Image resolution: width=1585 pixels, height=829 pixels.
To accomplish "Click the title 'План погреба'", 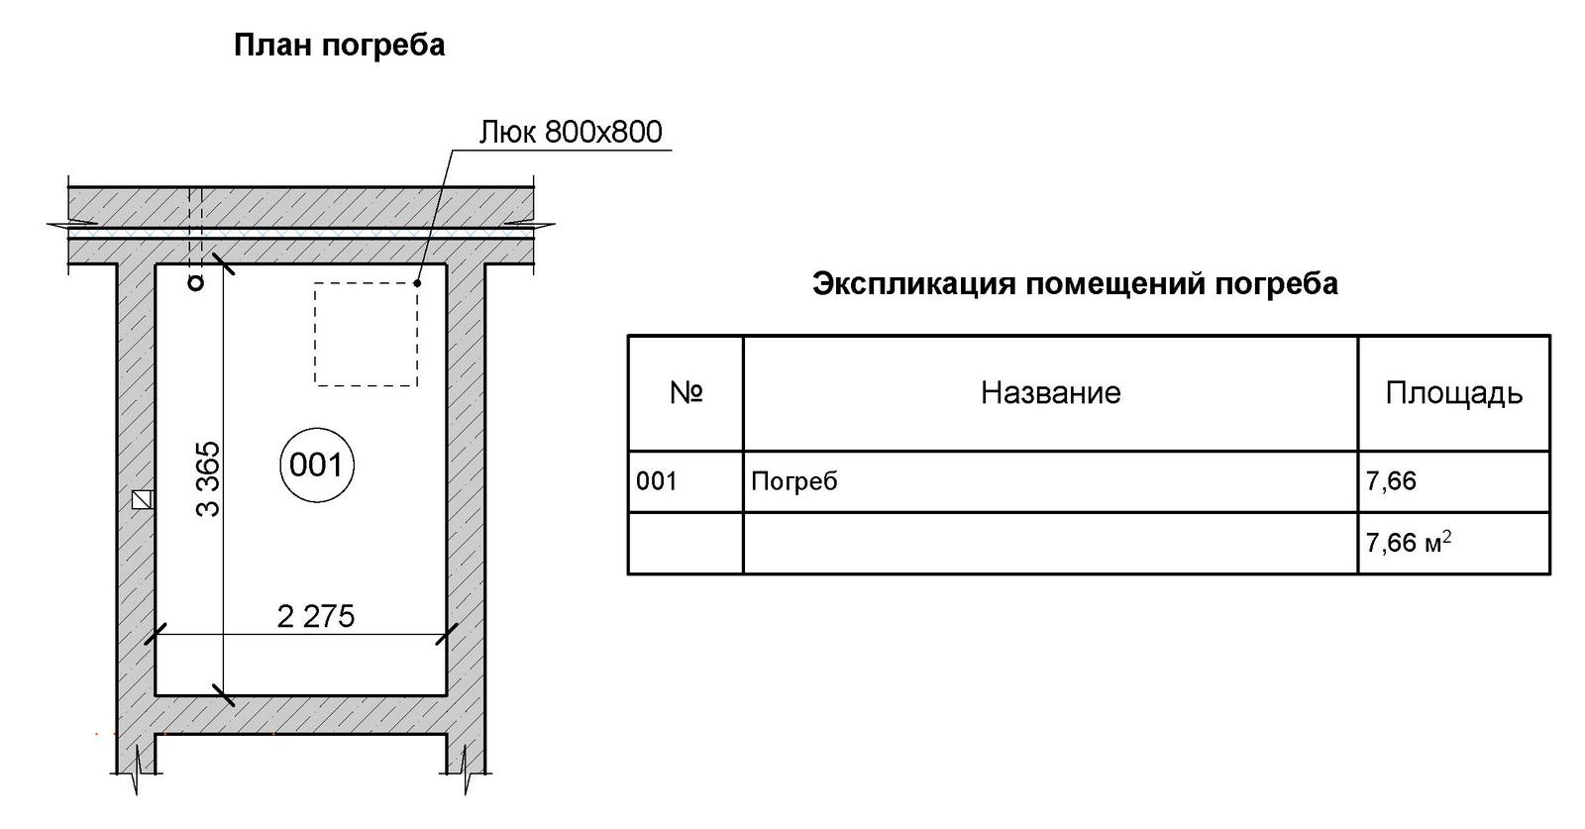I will [x=339, y=46].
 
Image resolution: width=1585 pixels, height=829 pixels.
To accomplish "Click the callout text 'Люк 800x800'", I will [x=571, y=132].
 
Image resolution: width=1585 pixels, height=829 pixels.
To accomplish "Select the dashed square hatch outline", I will [x=366, y=334].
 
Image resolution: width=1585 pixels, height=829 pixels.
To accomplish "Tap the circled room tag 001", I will [x=317, y=465].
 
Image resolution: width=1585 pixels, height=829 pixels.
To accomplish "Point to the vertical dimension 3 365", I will [x=208, y=479].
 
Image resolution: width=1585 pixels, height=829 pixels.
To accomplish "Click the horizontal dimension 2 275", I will [x=315, y=616].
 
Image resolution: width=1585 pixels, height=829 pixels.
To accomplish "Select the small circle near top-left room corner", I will [x=196, y=284].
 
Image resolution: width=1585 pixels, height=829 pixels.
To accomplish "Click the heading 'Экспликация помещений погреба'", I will [x=1075, y=284].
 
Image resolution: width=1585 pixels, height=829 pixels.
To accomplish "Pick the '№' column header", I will [x=686, y=393].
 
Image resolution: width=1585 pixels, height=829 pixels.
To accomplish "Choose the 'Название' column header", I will [x=1050, y=393].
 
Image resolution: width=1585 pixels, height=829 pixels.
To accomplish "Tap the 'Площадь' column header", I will [x=1453, y=393].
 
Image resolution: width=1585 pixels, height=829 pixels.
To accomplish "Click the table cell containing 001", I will [x=657, y=481].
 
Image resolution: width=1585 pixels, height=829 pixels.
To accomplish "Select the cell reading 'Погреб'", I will [x=794, y=481].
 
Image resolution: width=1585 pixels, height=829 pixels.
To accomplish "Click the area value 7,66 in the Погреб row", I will [x=1391, y=481].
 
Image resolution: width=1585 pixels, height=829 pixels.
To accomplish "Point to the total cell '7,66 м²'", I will [x=1408, y=543].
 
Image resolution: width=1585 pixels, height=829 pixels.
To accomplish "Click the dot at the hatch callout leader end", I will [x=417, y=283].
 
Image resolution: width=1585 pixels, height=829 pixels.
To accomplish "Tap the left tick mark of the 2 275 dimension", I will [x=156, y=634].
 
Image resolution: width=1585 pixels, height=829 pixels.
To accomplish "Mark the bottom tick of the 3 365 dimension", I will [x=223, y=694].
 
